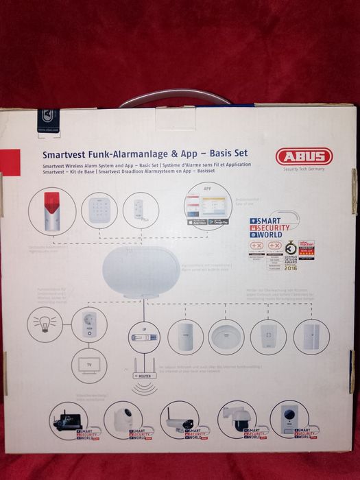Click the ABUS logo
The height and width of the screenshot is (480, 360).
pos(304,156)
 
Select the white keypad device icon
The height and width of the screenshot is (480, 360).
pos(99,208)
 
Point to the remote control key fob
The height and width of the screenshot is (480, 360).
pos(141,209)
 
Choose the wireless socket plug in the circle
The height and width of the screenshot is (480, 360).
pos(90,325)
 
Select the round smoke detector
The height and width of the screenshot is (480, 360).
pos(226,337)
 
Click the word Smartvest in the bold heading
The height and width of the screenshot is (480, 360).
pos(63,156)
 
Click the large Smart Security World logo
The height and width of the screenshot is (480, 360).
pos(271,227)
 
